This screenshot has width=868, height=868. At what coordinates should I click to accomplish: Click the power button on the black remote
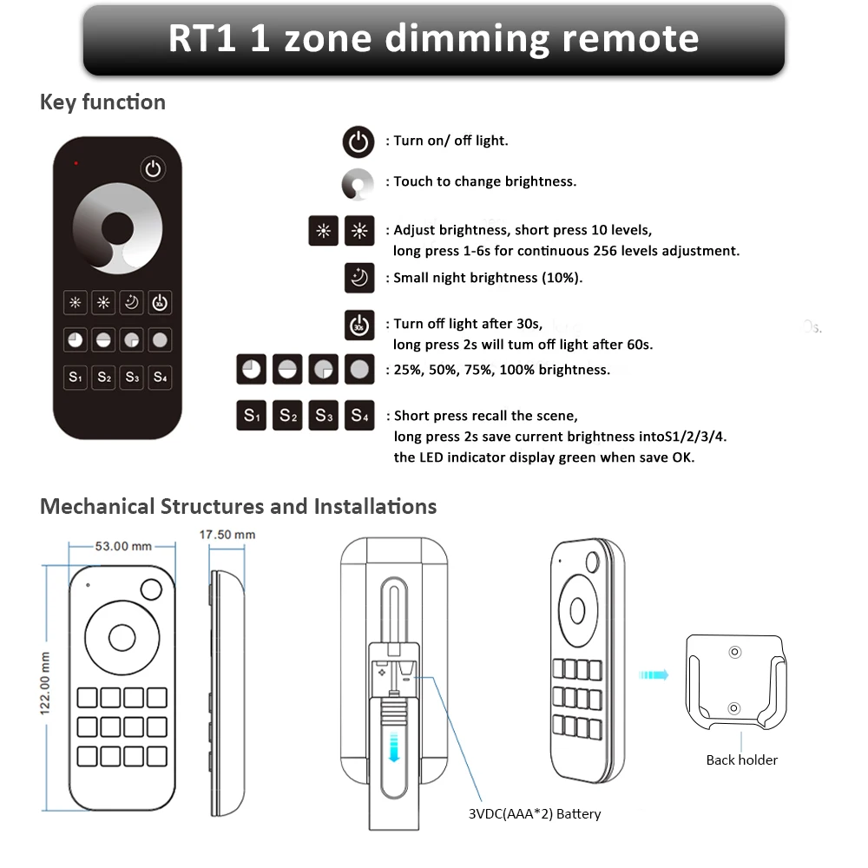pos(154,168)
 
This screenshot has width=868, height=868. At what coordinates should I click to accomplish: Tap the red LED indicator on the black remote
pos(76,162)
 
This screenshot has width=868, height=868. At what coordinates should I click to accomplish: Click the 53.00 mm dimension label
pos(122,546)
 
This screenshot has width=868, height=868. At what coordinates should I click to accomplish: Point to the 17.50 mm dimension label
pos(227,535)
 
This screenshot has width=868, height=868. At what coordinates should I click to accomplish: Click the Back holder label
pos(741,759)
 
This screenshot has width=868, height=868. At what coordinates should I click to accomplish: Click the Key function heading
pos(102,102)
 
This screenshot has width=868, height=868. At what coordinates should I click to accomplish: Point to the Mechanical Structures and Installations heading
pos(239,506)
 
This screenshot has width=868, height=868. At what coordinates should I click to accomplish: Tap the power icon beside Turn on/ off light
pos(358,141)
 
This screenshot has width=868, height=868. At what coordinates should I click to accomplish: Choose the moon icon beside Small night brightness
pos(359,279)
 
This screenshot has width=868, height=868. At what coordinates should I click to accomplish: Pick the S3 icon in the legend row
pos(324,416)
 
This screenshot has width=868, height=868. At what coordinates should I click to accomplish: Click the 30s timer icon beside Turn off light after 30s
pos(359,325)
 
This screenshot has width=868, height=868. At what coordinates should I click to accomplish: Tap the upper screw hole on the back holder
pos(734,651)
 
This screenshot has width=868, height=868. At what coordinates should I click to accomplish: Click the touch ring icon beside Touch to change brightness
pos(358,182)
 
